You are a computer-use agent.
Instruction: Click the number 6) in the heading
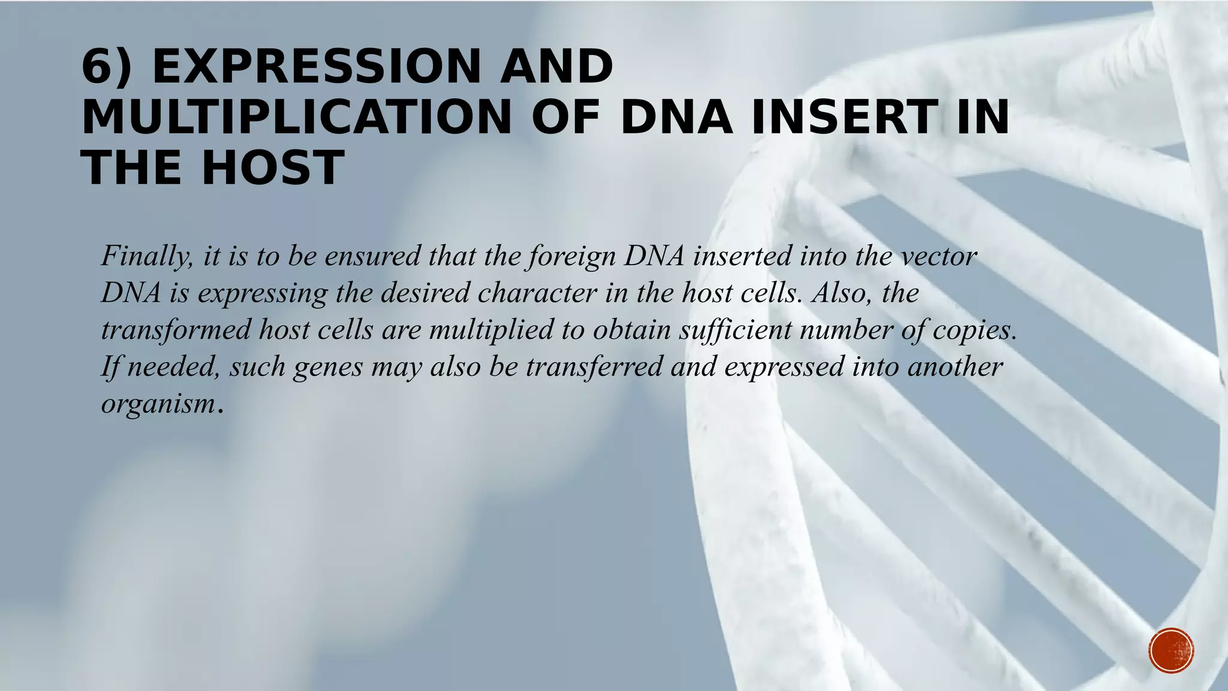pyautogui.click(x=107, y=67)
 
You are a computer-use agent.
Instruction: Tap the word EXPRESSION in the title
pyautogui.click(x=317, y=67)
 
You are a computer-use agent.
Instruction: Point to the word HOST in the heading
pyautogui.click(x=273, y=168)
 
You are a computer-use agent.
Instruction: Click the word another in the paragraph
pyautogui.click(x=955, y=367)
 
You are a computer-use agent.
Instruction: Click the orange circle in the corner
pyautogui.click(x=1171, y=650)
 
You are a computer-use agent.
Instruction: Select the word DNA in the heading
pyautogui.click(x=676, y=118)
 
